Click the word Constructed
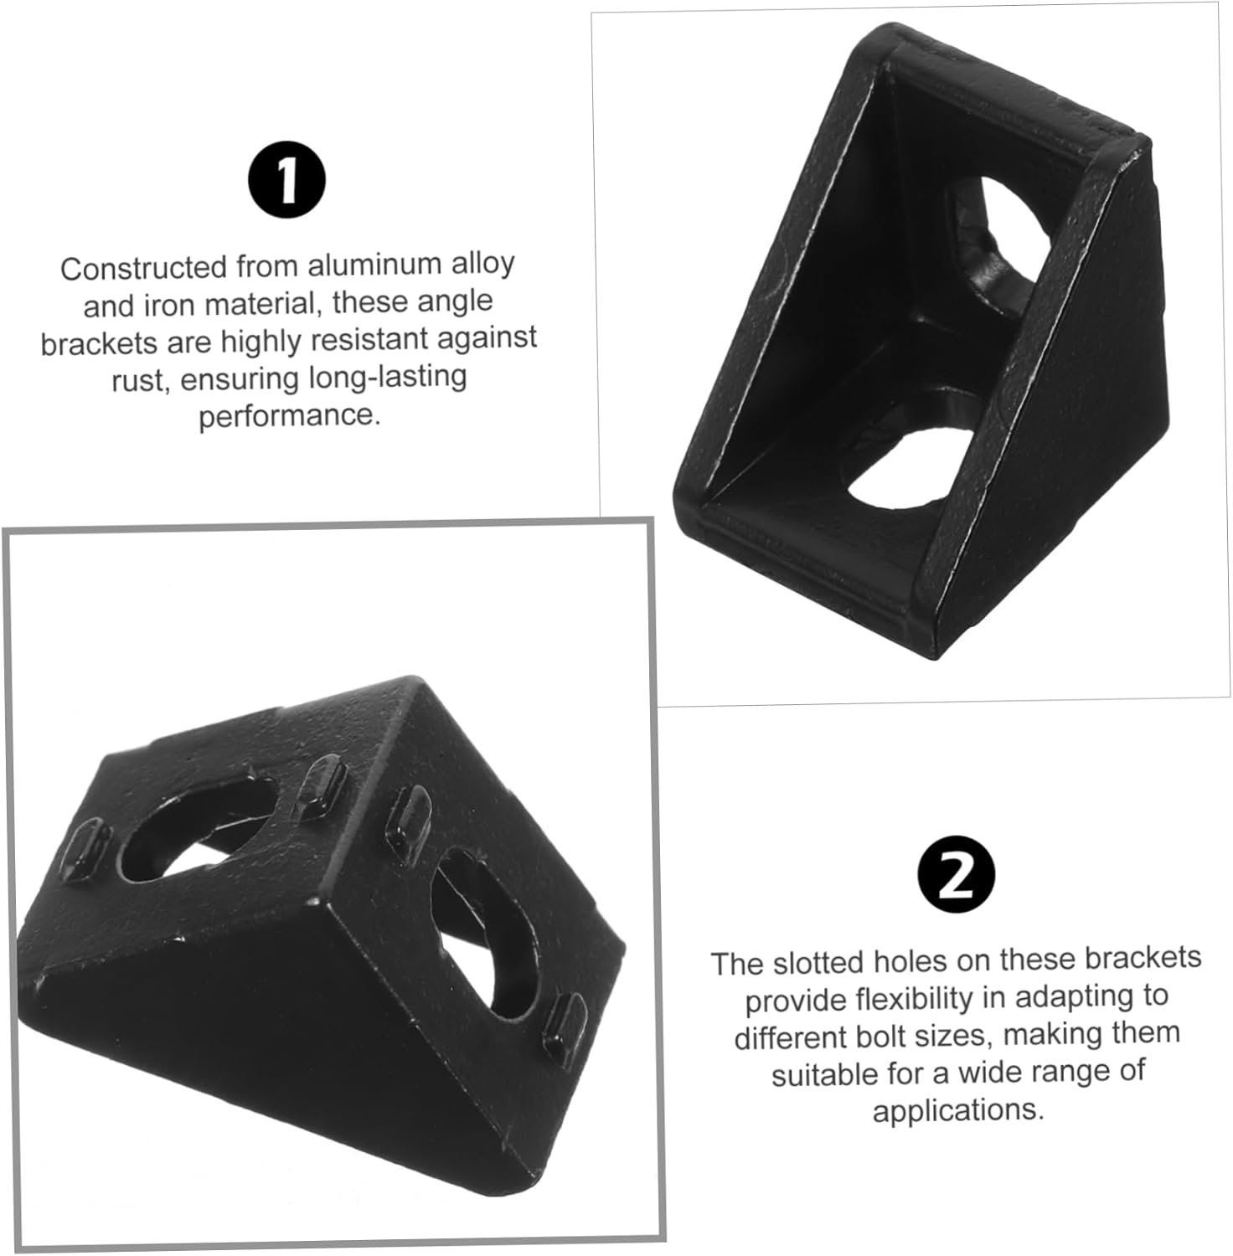[x=143, y=269]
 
